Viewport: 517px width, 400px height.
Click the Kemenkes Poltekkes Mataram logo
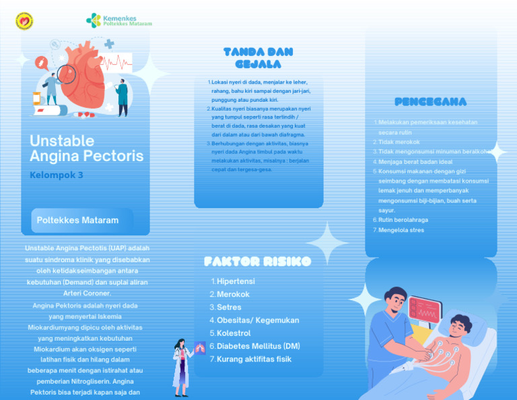[119, 20]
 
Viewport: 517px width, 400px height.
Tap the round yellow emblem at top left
[24, 21]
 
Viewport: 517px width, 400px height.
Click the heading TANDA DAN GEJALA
[258, 58]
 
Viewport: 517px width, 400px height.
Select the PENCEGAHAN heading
[431, 102]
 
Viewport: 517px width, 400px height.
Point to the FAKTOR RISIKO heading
[258, 261]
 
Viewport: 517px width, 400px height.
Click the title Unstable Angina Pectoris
[86, 148]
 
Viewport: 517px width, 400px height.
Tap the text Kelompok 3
[57, 175]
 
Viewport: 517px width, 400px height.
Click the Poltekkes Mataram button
[78, 221]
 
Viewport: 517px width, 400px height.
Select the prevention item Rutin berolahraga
[403, 220]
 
